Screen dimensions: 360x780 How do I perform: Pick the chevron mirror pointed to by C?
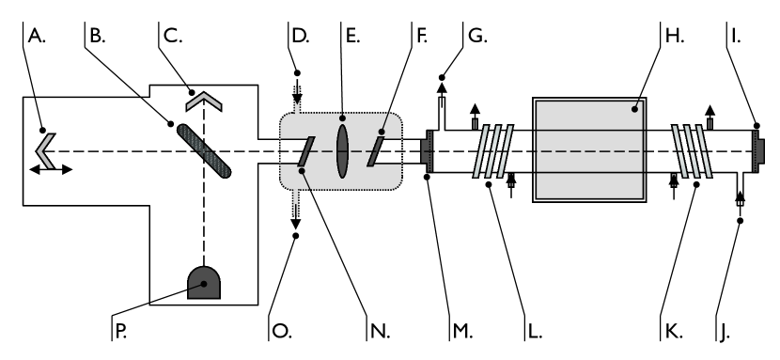point(207,95)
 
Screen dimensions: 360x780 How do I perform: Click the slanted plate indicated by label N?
point(303,151)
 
